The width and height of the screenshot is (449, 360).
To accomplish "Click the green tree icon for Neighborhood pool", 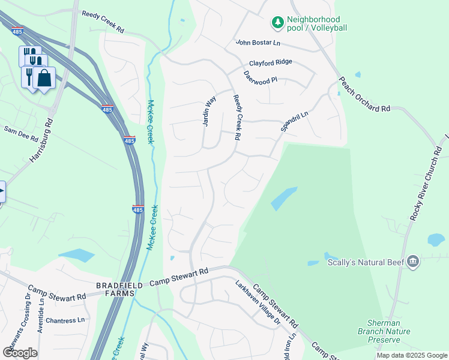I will [277, 23].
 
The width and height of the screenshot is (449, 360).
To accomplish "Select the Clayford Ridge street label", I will [270, 62].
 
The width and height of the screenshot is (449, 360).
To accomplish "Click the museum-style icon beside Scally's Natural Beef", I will [412, 261].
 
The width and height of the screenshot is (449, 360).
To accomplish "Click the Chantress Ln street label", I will [65, 320].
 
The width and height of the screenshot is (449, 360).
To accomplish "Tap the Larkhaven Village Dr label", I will [258, 303].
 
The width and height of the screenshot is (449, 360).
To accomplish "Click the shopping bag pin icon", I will [44, 77].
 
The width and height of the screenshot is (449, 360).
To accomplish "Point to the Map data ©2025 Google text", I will [411, 355].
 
